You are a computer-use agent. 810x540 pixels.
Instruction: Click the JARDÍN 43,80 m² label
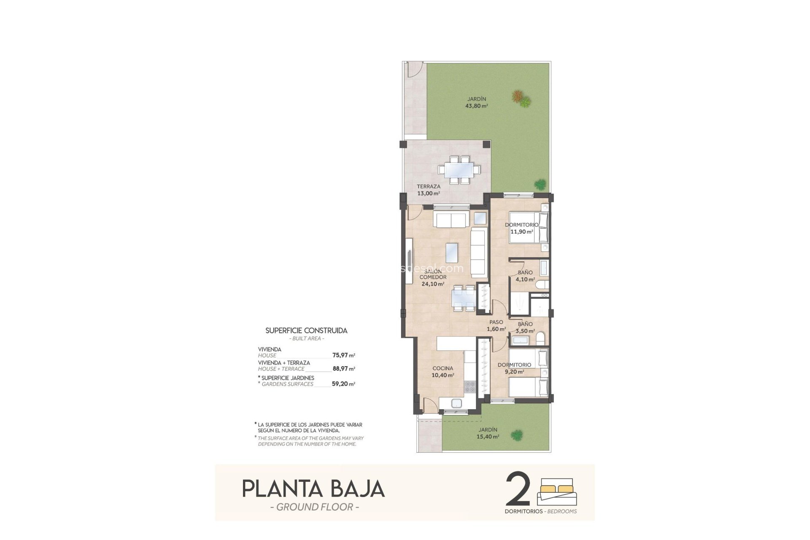(476, 103)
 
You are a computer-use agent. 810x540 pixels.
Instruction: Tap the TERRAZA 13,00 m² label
(428, 190)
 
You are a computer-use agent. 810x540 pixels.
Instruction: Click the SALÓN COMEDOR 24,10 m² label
(433, 278)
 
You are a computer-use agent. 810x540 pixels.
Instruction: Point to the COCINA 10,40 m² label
(443, 371)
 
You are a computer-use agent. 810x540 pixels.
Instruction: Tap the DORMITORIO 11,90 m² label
(521, 228)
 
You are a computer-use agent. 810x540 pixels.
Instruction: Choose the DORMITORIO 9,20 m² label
(514, 368)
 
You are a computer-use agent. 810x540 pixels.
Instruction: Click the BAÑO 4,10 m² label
(525, 276)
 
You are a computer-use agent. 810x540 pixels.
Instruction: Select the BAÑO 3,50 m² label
(525, 327)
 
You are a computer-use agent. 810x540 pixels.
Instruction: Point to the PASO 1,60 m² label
(496, 325)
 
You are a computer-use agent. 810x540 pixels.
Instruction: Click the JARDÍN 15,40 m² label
(488, 433)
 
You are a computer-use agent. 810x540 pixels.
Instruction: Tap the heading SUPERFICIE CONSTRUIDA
(306, 331)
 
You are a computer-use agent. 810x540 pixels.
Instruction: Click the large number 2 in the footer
(517, 489)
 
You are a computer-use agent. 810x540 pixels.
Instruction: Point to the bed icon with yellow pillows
(557, 491)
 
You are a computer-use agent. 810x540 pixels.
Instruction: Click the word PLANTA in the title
(280, 489)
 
